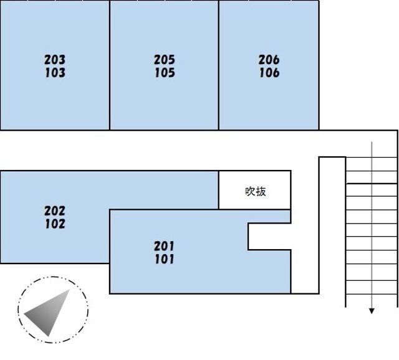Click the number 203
55,60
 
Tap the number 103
55,73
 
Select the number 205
165,60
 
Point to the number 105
165,73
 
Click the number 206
269,60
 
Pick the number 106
269,73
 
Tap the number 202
55,211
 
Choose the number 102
55,224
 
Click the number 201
164,246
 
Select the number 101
165,259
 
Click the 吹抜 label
256,191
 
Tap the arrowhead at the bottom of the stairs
372,311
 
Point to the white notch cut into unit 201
270,237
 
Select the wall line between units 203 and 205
110,65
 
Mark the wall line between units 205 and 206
219,65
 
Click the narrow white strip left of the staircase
332,225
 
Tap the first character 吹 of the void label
250,191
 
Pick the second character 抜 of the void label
261,191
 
